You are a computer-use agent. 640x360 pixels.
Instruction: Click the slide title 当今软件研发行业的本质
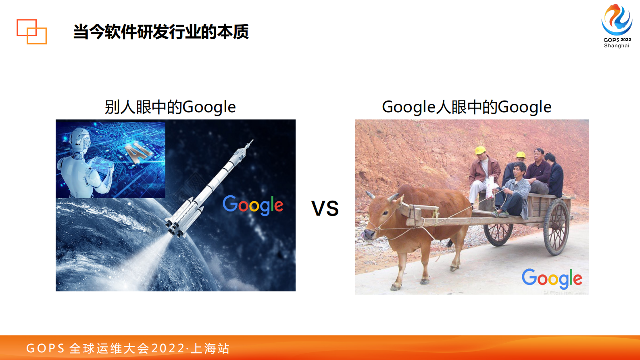[x=161, y=32]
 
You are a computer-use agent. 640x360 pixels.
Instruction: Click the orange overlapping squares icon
[x=31, y=31]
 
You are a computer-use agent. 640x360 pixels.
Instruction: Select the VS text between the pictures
[x=325, y=209]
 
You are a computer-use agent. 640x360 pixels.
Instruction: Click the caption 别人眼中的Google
[x=170, y=107]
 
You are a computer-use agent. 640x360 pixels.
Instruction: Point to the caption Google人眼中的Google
[x=466, y=107]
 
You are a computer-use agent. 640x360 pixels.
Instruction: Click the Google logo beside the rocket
[x=253, y=205]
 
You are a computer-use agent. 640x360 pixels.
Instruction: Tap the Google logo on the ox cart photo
[x=552, y=278]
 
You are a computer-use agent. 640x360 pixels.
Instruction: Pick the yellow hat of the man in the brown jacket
[x=480, y=150]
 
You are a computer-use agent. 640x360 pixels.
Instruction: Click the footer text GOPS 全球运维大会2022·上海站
[x=128, y=348]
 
